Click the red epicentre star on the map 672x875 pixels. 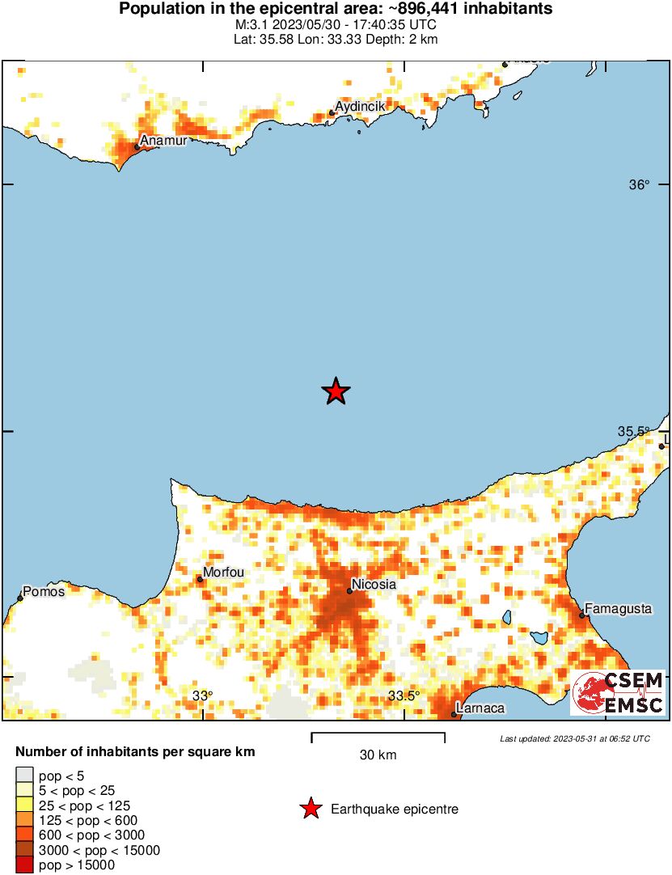[x=336, y=391]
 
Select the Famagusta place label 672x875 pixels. [x=618, y=607]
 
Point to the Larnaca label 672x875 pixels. [x=480, y=708]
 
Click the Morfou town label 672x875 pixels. [x=223, y=573]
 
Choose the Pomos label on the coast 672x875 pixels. [x=44, y=591]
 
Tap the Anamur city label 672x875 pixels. [x=163, y=141]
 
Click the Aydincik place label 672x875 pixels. [x=361, y=107]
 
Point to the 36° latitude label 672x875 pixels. [x=639, y=185]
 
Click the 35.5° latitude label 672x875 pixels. [x=634, y=432]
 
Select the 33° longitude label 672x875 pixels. [x=202, y=696]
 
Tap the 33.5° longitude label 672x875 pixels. [x=404, y=696]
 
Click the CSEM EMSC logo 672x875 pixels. [x=618, y=693]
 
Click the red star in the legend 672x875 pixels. [x=310, y=809]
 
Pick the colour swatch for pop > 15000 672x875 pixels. [x=24, y=865]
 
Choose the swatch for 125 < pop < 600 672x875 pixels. [x=24, y=820]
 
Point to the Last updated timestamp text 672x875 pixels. [x=574, y=738]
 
